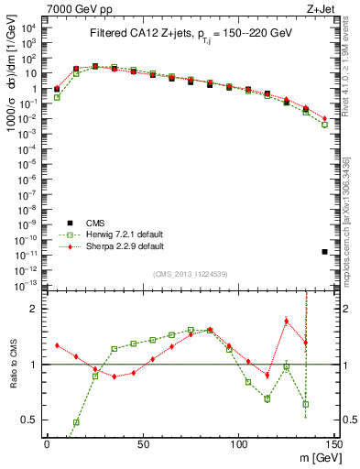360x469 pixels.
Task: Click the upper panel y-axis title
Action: point(16,92)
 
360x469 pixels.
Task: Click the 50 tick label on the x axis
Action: point(142,444)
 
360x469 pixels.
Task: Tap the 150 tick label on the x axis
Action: point(333,444)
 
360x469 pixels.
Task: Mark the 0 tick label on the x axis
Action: point(47,444)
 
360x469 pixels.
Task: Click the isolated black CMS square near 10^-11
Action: point(325,251)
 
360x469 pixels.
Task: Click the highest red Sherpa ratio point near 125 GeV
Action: point(287,321)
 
